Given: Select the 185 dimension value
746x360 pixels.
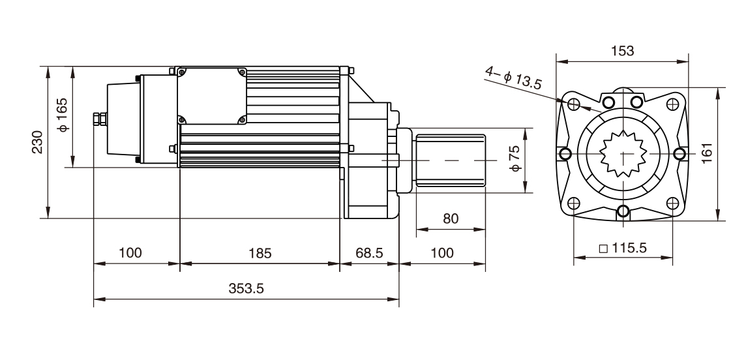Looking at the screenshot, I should click(x=260, y=253).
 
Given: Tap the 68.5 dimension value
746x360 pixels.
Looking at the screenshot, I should click(x=369, y=253).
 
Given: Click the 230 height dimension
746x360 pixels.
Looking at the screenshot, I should click(x=38, y=142).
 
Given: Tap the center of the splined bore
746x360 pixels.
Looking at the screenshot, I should click(x=623, y=153).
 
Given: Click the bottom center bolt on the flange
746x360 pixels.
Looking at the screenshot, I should click(x=623, y=211).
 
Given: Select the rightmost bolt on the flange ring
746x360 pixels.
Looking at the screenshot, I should click(x=679, y=153).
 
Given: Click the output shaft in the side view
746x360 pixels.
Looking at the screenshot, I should click(x=450, y=160).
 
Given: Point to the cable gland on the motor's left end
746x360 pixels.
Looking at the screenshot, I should click(x=98, y=119).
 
